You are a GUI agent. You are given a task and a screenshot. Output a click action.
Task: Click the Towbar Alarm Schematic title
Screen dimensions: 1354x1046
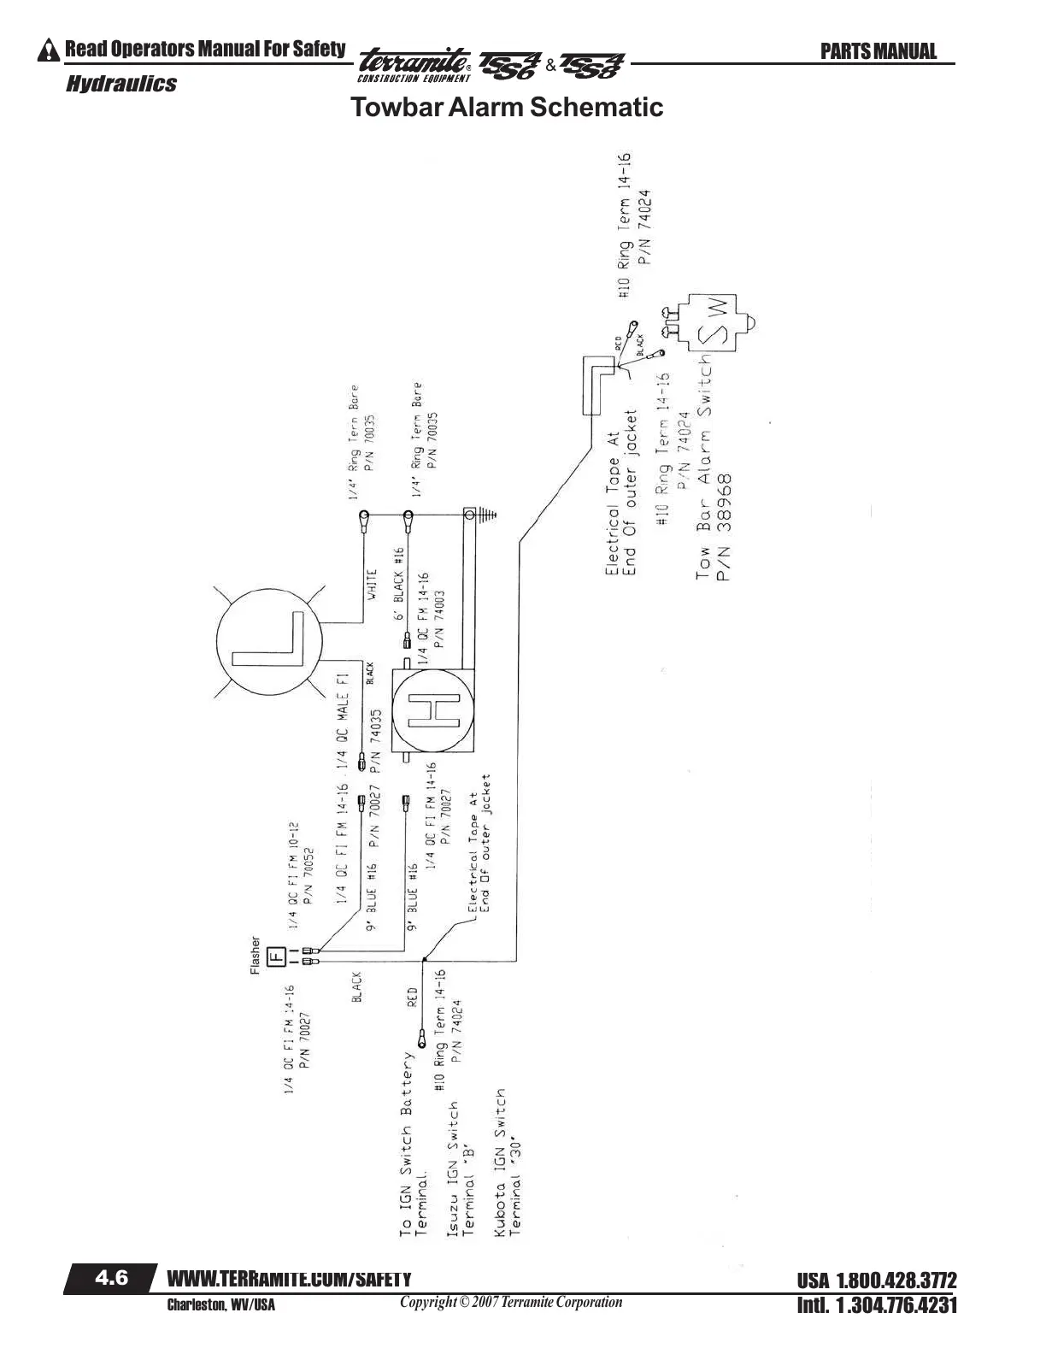click(x=507, y=108)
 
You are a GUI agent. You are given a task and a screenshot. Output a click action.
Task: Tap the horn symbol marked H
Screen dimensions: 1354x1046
click(x=433, y=709)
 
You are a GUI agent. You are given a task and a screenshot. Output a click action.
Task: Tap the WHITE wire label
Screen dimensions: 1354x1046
click(x=373, y=587)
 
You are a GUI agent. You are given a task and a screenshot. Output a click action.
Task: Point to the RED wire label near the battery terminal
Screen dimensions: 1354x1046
click(x=412, y=997)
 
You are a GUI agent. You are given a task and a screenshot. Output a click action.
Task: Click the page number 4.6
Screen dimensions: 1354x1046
click(x=111, y=1278)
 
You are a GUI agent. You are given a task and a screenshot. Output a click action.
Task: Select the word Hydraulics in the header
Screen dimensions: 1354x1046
click(x=121, y=84)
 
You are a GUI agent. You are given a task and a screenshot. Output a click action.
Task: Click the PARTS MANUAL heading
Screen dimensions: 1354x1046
click(x=879, y=51)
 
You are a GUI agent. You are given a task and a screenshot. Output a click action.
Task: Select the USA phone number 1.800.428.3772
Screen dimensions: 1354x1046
click(x=877, y=1281)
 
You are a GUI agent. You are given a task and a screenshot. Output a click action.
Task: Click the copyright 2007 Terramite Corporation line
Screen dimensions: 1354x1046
click(x=511, y=1302)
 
